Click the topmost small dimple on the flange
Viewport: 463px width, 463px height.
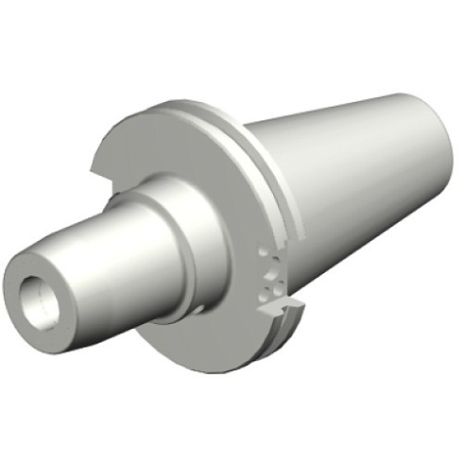(x=262, y=249)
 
